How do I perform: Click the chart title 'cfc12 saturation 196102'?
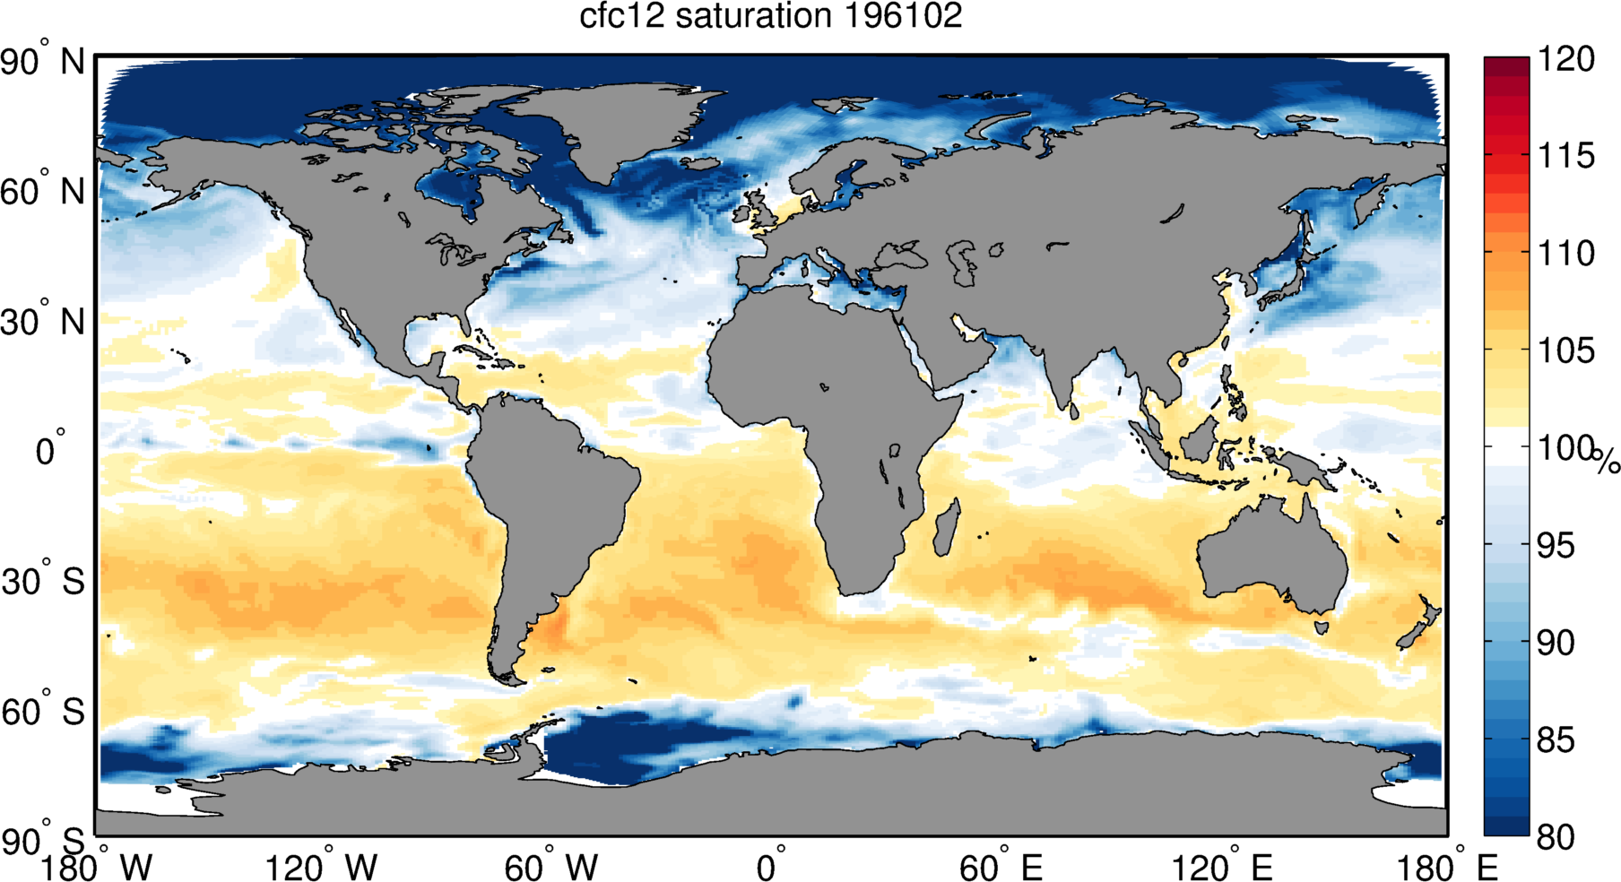coord(770,17)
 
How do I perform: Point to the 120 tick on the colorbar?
coord(1565,59)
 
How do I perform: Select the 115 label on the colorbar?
coord(1565,156)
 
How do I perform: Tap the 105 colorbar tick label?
coord(1565,350)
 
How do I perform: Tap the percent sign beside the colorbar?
coord(1606,462)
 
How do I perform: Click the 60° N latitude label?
coord(42,191)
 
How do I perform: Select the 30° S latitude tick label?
coord(42,582)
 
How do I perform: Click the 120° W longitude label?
coord(321,868)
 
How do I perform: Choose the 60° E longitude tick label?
coord(1000,868)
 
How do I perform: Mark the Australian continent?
coord(1273,556)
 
